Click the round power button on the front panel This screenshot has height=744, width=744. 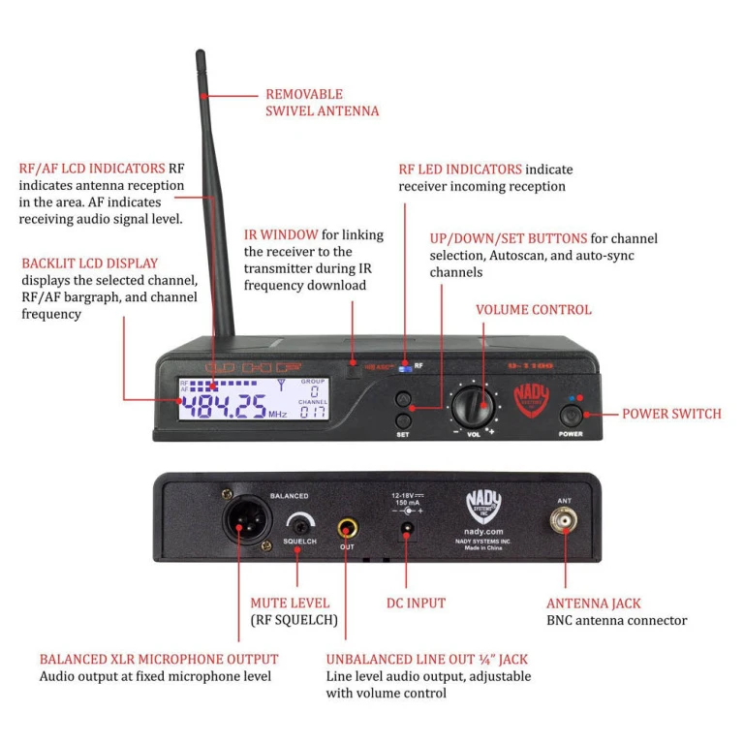571,414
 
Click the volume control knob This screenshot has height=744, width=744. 473,404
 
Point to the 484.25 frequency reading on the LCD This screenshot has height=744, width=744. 224,406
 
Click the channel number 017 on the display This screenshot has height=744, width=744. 312,412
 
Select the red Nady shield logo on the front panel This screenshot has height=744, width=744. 526,400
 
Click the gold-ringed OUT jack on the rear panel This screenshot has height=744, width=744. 347,528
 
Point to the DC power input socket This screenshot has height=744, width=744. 407,531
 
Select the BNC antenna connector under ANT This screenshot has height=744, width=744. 564,524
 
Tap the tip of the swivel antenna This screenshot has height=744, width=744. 201,55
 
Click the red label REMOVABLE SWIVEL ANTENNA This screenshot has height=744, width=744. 322,103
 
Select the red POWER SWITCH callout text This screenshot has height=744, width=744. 671,414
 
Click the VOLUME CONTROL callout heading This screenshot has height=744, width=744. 533,310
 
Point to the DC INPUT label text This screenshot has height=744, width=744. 416,603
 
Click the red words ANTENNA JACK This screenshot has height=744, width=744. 594,603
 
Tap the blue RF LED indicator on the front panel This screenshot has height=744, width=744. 405,368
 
